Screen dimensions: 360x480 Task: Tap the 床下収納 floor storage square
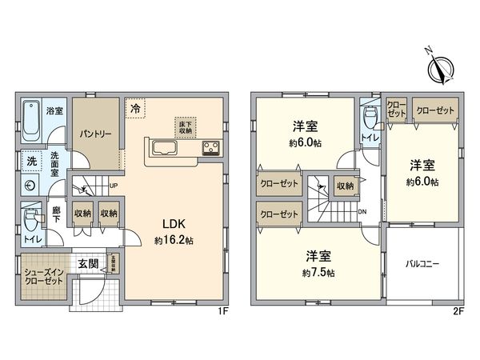tap(185, 126)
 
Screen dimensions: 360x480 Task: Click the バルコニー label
tap(421, 264)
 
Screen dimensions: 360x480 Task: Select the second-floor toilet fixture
tap(370, 118)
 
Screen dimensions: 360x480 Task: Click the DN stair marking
tap(362, 211)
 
